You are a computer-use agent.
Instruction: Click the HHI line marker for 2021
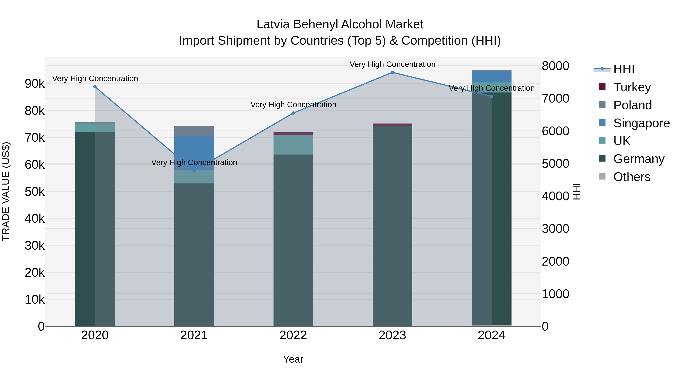194,171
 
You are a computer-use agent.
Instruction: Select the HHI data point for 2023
392,72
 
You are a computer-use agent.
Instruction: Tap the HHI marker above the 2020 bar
95,87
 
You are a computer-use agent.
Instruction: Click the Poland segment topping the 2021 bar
194,131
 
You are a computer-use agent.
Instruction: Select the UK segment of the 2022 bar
293,145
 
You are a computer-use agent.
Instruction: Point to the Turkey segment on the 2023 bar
392,124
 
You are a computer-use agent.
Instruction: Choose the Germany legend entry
639,159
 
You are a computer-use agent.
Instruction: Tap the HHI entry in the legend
624,69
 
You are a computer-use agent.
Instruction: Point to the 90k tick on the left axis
35,84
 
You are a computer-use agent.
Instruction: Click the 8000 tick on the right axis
555,66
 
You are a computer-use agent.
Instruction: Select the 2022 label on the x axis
293,335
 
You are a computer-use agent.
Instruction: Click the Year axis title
293,359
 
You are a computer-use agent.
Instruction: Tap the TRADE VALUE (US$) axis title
6,191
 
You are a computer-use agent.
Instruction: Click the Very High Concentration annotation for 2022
293,105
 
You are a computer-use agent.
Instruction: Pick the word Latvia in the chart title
273,25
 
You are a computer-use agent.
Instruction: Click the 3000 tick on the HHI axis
555,229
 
